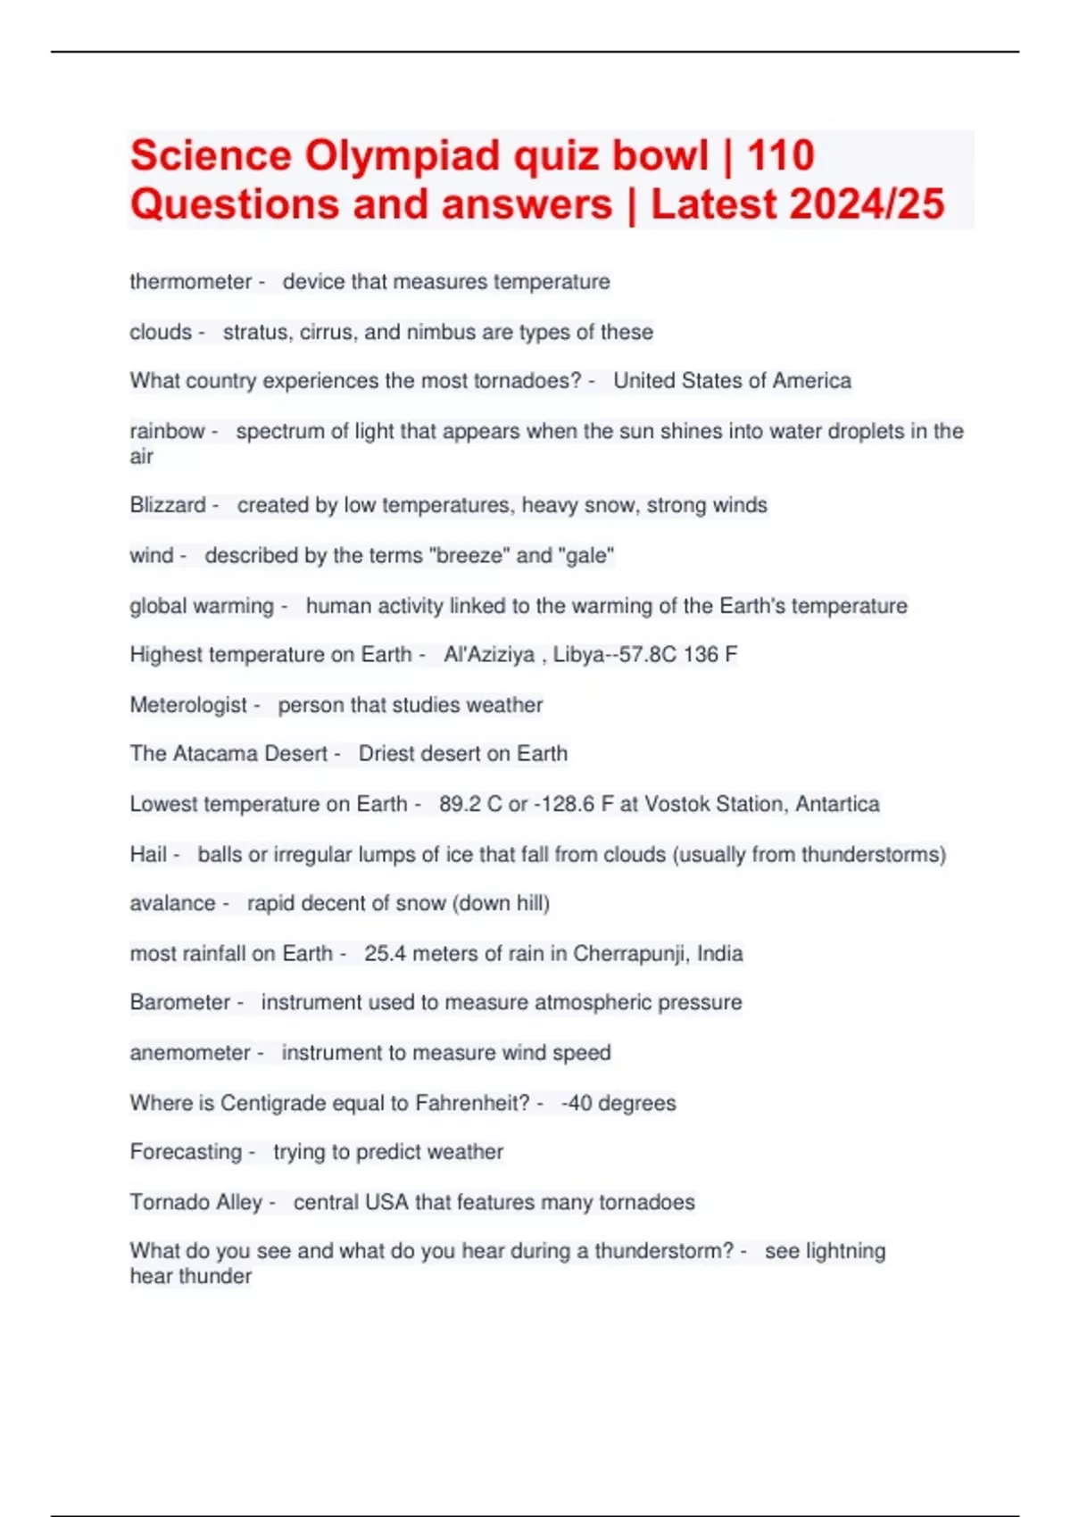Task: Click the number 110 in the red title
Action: pos(780,156)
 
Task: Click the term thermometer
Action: pos(190,282)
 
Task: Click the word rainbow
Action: pos(167,431)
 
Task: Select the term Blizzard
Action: pos(167,505)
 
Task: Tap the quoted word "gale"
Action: pos(586,556)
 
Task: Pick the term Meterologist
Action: pos(187,705)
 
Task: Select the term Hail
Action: pos(147,854)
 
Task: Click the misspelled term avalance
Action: pos(172,903)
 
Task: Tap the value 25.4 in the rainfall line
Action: pos(385,953)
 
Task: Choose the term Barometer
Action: pos(179,1002)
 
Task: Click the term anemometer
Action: pos(189,1053)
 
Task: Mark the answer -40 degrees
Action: pos(618,1103)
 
